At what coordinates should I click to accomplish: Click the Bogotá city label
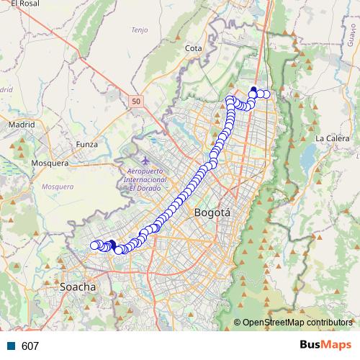click(212, 213)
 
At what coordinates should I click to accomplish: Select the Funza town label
click(86, 145)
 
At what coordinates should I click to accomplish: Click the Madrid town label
click(22, 124)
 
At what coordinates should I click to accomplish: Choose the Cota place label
click(193, 48)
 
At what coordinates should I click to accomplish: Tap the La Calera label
click(332, 138)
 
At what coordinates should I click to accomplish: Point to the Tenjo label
click(139, 30)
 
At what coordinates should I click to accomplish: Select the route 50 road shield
click(136, 102)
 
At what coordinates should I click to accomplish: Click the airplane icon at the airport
click(146, 159)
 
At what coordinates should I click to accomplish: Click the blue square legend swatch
click(11, 346)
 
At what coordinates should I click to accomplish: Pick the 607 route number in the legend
click(30, 346)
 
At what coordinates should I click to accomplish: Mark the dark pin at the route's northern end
click(253, 90)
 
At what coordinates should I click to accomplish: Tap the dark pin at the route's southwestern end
click(112, 243)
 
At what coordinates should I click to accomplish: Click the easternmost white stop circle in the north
click(266, 94)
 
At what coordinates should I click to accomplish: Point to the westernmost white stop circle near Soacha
click(94, 246)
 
